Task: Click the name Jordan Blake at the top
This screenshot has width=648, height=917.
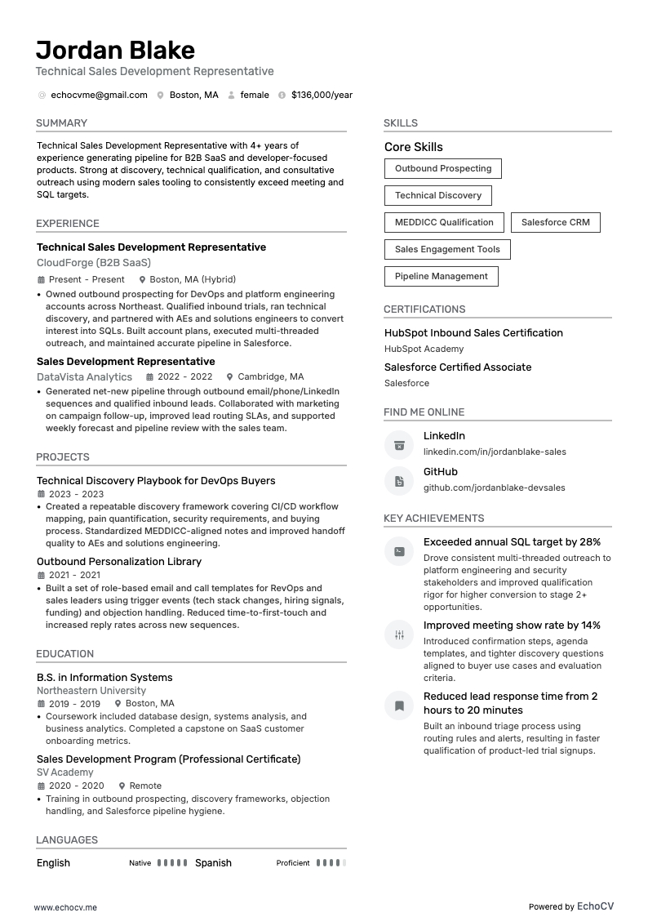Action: tap(115, 50)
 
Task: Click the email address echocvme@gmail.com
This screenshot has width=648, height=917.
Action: tap(99, 95)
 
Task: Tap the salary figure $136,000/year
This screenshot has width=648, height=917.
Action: tap(322, 95)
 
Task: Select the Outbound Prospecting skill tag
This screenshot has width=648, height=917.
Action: tap(443, 168)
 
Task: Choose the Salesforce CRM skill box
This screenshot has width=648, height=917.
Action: tap(555, 222)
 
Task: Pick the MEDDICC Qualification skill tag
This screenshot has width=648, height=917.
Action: tap(444, 222)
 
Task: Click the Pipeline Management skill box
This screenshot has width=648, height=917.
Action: tap(441, 276)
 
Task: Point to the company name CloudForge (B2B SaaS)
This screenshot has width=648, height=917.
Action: tap(94, 263)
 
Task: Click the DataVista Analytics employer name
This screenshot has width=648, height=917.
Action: tap(84, 377)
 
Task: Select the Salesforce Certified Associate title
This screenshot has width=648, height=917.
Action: tap(458, 367)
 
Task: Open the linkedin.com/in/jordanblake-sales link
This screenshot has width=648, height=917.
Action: tap(494, 452)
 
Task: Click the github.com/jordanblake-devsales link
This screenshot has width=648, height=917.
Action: tap(494, 487)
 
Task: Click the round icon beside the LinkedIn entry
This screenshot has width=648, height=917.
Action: tap(399, 445)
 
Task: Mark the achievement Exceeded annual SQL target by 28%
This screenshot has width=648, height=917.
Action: tap(512, 542)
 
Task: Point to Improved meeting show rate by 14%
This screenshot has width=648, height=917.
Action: tap(512, 625)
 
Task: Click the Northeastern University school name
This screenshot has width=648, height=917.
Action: tap(91, 691)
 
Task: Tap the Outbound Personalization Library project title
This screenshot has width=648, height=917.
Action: tap(119, 562)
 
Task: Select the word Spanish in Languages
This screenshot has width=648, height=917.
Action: tap(213, 863)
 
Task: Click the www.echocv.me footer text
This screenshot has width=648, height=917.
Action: tap(65, 907)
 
